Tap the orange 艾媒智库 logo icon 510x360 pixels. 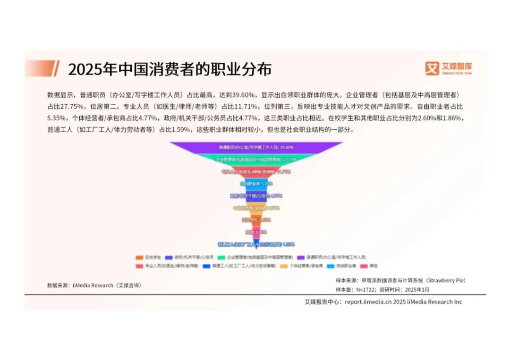[x=432, y=68]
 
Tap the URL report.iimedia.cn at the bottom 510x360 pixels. [x=366, y=302]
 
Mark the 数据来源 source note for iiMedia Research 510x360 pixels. [x=94, y=285]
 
